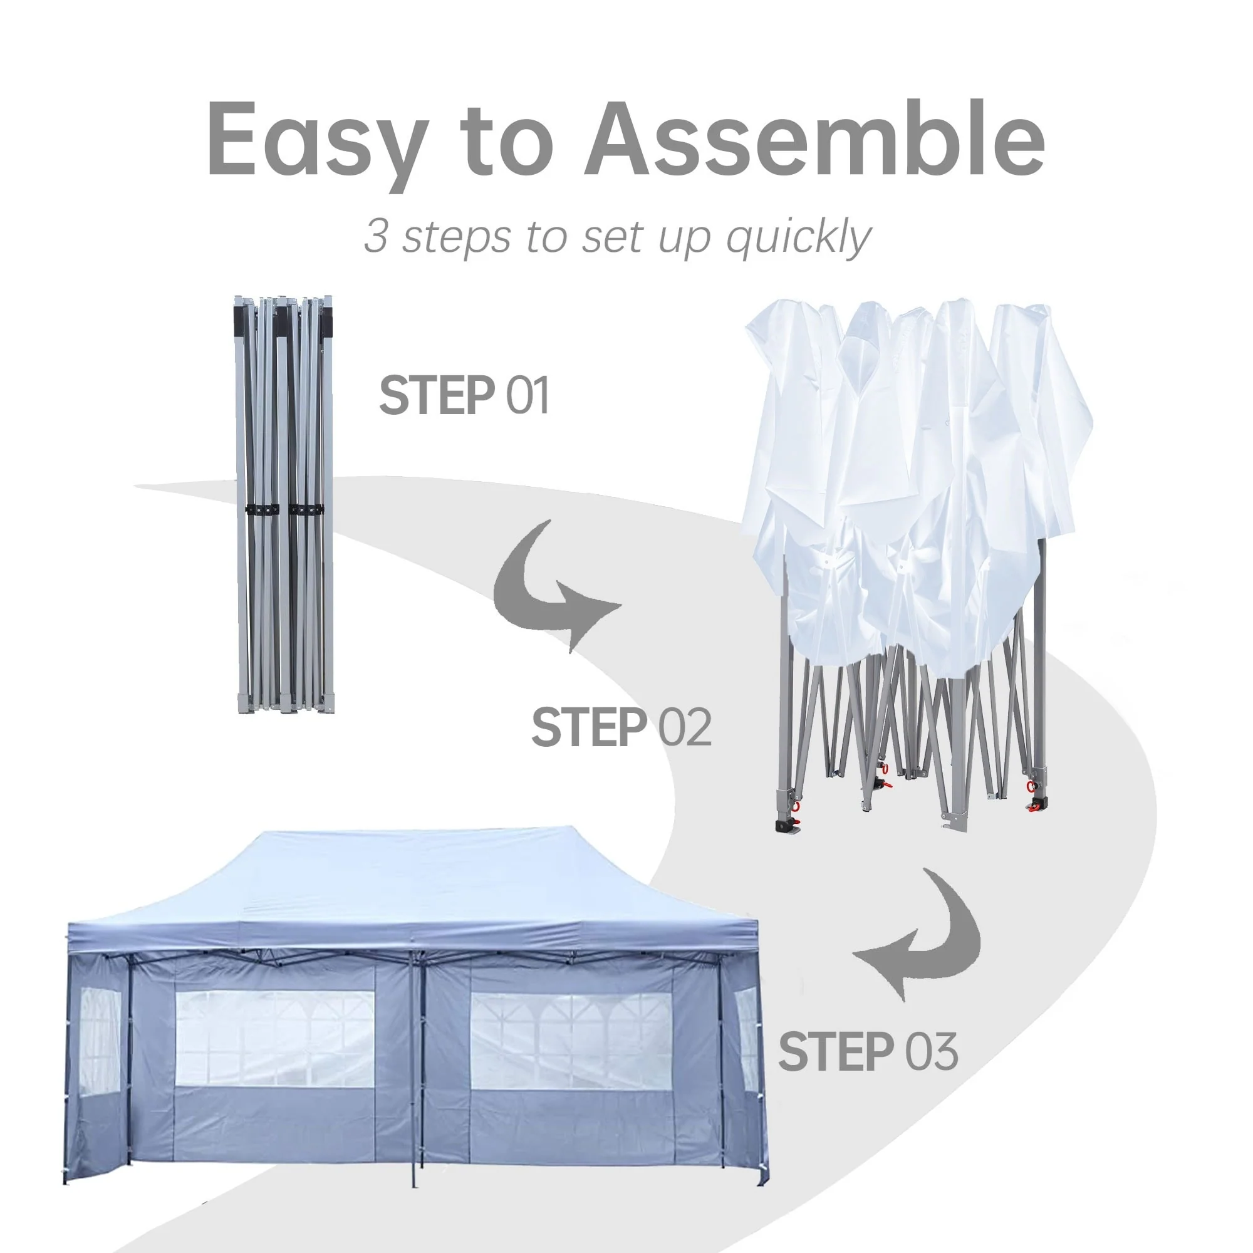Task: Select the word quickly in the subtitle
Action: (798, 237)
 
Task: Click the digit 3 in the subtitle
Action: (375, 235)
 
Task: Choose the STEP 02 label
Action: (621, 727)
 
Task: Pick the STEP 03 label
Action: (868, 1052)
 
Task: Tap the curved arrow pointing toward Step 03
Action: (934, 960)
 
